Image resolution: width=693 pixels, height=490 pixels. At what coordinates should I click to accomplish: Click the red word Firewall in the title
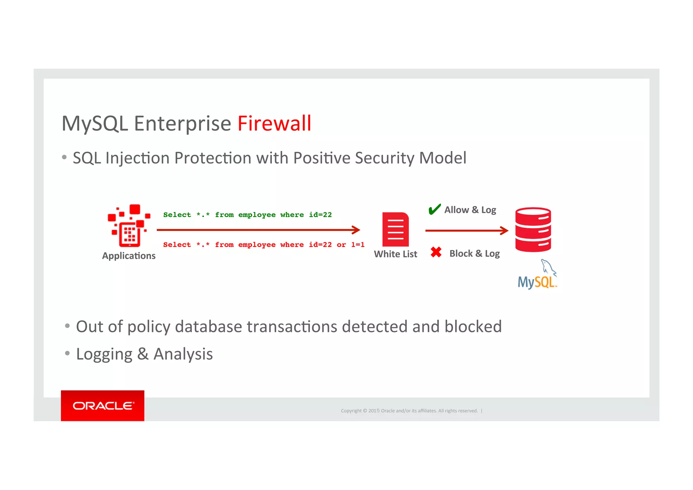click(274, 123)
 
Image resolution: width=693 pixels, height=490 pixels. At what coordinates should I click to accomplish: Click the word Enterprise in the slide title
click(182, 123)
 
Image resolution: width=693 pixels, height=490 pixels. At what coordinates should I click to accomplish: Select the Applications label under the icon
click(129, 256)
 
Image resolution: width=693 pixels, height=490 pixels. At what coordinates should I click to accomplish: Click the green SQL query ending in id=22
click(247, 215)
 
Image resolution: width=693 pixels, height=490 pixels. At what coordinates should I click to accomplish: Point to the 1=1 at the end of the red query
click(358, 244)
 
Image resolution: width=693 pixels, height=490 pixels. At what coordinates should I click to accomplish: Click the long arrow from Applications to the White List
click(258, 230)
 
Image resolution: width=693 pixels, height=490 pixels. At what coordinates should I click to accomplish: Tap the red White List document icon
click(395, 229)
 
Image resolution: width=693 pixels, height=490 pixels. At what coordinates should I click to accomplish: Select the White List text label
click(395, 254)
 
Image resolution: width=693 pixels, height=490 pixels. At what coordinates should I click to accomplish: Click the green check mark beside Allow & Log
click(434, 209)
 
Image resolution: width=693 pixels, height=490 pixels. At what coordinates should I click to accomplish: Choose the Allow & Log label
click(470, 210)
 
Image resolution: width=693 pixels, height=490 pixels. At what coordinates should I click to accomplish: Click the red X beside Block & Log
click(436, 252)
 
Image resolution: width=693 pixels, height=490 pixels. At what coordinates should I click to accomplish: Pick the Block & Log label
click(474, 254)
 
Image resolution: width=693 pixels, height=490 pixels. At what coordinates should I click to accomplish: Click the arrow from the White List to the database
click(466, 231)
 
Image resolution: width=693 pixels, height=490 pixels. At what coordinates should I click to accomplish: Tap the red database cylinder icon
click(533, 229)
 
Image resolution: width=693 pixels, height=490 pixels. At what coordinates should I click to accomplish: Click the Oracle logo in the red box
click(103, 406)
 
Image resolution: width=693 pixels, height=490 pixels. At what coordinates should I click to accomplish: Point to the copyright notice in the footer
click(409, 411)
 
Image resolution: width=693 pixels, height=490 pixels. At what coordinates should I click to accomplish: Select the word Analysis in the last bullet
click(183, 354)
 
